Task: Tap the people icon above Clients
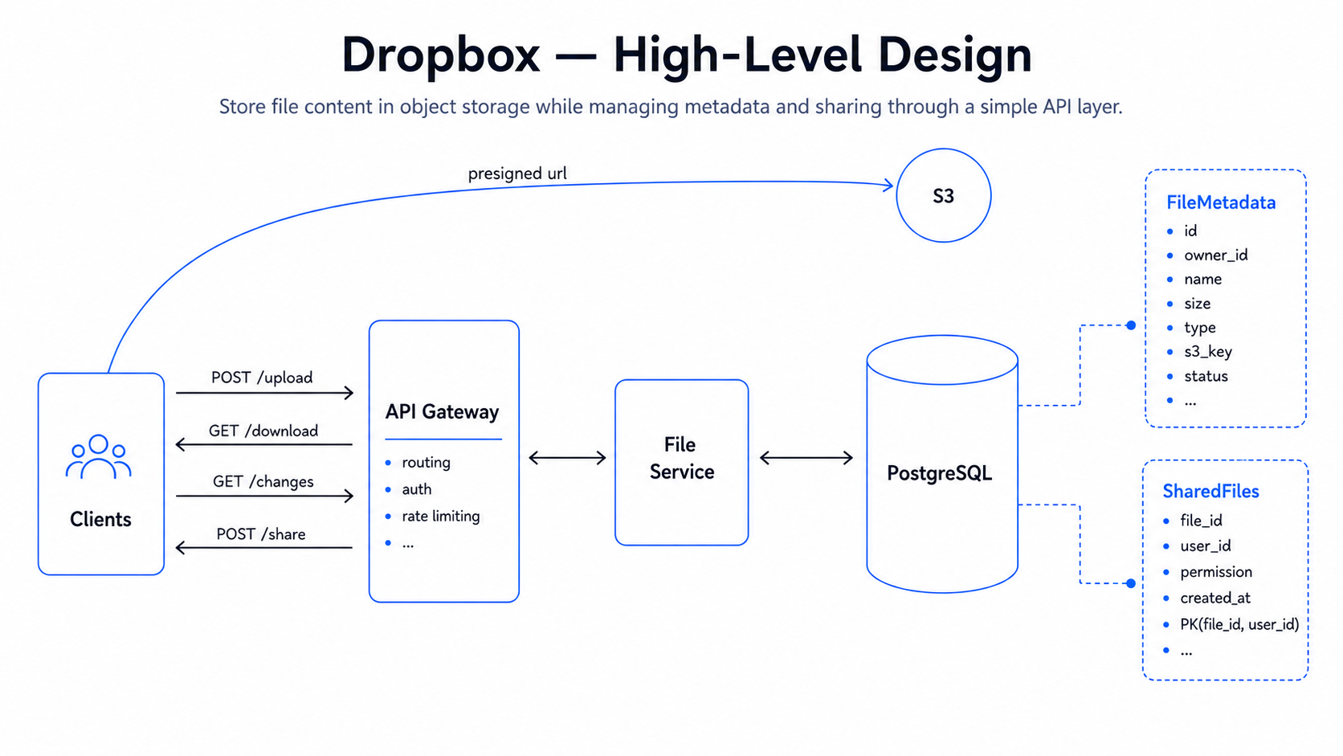98,457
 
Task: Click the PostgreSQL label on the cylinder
940,473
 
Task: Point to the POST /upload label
262,378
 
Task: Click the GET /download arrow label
263,431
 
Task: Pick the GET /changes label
263,481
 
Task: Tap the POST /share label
261,534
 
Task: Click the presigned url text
516,174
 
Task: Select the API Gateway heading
442,412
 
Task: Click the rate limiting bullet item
441,517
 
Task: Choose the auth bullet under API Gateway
417,489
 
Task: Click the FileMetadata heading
1221,202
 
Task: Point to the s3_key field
1207,352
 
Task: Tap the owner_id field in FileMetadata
1216,255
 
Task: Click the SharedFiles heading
1210,492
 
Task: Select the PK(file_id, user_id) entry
1239,625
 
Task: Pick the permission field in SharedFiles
1216,572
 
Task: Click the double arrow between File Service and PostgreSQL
806,458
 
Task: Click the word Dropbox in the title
441,55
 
